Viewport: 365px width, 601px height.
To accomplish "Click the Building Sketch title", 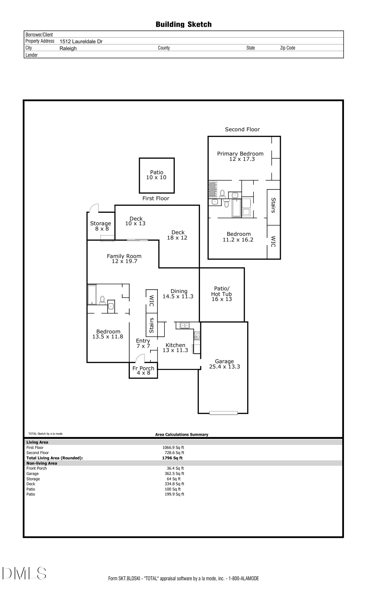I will click(x=183, y=24).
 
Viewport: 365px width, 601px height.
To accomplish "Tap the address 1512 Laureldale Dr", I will click(x=81, y=41).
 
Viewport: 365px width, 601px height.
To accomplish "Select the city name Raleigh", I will click(x=68, y=48).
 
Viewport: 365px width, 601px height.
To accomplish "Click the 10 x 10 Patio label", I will click(x=156, y=175).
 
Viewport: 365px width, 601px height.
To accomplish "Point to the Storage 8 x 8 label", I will click(x=101, y=226).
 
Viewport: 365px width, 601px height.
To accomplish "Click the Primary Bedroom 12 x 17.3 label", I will click(x=240, y=156).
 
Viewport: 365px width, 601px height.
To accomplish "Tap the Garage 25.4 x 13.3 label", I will click(x=224, y=364).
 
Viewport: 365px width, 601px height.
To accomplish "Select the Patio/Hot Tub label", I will click(x=222, y=294).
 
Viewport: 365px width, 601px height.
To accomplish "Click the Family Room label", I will click(x=124, y=258).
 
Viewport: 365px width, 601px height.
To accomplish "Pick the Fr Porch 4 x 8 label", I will click(x=143, y=371).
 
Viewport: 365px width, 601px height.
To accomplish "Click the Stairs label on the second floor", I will click(x=273, y=205).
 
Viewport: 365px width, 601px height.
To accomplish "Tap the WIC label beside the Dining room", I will click(x=152, y=301).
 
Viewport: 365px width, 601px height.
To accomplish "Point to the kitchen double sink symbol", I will click(x=185, y=325).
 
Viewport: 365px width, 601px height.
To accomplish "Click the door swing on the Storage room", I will click(x=94, y=208).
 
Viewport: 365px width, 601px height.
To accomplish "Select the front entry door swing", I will click(x=140, y=358).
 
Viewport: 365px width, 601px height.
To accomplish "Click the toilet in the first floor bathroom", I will click(x=102, y=300).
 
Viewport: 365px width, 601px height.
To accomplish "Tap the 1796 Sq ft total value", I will click(x=172, y=458).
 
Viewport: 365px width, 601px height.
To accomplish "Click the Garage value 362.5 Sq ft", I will click(x=174, y=474).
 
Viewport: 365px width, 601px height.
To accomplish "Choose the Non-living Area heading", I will click(x=41, y=463).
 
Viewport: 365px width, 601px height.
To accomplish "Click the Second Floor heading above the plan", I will click(x=242, y=130).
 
